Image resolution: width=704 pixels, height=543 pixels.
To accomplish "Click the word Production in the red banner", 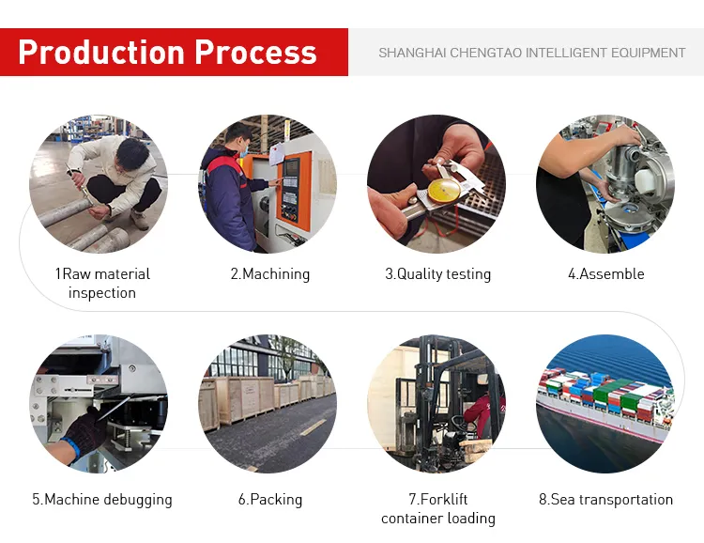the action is [x=101, y=53].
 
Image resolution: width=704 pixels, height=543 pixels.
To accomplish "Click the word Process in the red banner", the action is [x=256, y=53].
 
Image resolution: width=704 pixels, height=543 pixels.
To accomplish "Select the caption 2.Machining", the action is [x=270, y=274].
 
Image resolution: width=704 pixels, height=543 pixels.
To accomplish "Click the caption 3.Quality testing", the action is [x=437, y=274].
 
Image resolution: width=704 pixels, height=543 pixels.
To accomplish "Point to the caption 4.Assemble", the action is [x=606, y=273].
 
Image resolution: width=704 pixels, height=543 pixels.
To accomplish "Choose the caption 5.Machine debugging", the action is [x=102, y=500].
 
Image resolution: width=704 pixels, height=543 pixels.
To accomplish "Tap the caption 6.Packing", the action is [x=270, y=500].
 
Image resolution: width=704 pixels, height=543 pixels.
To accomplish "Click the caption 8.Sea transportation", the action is [x=605, y=500].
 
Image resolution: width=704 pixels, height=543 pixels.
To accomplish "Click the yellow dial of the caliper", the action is [x=444, y=191].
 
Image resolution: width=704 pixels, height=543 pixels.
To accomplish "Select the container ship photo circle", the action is [x=605, y=404].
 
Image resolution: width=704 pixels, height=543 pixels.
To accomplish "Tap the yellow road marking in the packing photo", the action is [x=313, y=427].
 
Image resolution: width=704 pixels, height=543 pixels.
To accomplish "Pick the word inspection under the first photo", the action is [x=102, y=293].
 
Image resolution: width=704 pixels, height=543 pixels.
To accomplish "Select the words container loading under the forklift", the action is [x=437, y=519].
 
